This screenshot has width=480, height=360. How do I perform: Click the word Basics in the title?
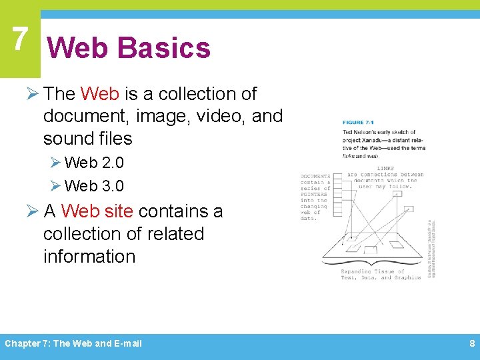coord(163,48)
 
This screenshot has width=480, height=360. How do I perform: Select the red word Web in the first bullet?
coord(99,94)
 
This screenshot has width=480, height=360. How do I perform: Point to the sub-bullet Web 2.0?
coord(94,162)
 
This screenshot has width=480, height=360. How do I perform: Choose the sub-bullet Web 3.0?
coord(94,185)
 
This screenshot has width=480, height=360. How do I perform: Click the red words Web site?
coord(97,211)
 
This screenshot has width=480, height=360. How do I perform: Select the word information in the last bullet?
coord(89,257)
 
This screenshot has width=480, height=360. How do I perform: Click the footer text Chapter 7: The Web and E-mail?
coord(73,344)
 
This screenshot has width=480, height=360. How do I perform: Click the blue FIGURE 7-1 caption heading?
coord(363,123)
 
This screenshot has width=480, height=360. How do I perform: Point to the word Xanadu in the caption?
coord(378,140)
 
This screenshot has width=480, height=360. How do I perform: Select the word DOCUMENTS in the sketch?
coord(315,175)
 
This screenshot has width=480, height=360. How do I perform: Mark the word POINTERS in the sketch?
coord(315,194)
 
